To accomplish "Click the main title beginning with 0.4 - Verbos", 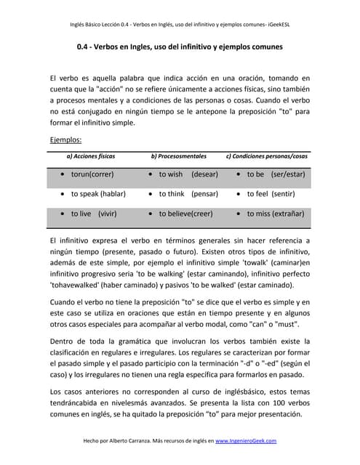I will tap(180, 47).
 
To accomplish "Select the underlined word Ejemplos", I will tap(65, 139).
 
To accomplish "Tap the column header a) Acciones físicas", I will tap(91, 156).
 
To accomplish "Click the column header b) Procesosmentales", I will tap(178, 156).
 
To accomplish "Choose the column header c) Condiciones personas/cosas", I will tap(267, 156).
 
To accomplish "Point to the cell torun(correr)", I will tap(92, 174).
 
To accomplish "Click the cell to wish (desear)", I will tap(188, 174).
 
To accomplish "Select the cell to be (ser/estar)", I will tap(276, 174).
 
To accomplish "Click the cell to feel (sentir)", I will tap(271, 194).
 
